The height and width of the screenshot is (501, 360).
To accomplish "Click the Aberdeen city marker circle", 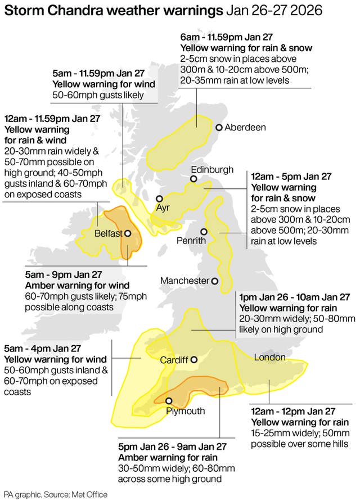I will click(x=219, y=128).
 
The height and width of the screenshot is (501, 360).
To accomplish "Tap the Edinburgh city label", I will click(x=212, y=169).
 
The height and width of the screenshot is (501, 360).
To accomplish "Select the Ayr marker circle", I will click(x=160, y=198).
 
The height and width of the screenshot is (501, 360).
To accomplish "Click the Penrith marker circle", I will click(x=204, y=231).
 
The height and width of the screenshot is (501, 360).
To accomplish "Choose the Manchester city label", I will click(x=184, y=281).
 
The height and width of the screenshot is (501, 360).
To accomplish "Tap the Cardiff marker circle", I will click(x=194, y=360).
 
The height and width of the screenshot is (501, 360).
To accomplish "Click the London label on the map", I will click(x=269, y=358).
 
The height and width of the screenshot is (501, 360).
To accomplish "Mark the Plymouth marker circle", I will click(x=169, y=400).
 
